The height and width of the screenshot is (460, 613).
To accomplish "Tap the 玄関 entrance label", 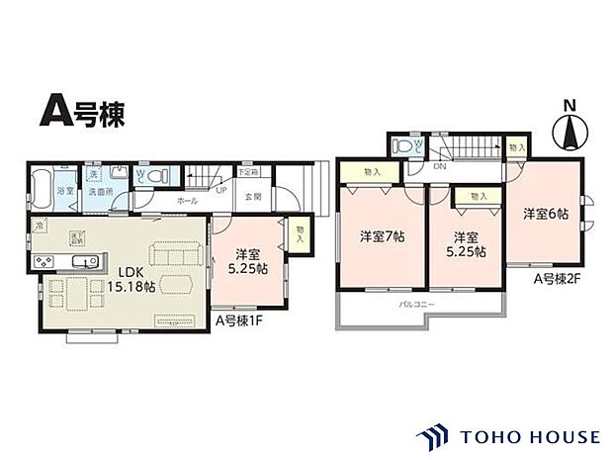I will point(253,196).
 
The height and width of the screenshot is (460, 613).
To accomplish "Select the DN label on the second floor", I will point(438,167).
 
